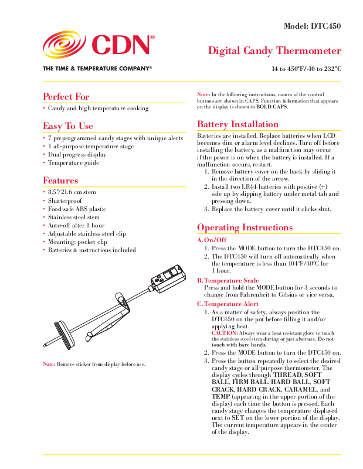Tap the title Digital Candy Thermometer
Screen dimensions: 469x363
pos(274,51)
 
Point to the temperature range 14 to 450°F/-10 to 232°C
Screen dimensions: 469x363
pos(306,69)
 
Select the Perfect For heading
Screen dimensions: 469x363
pos(66,97)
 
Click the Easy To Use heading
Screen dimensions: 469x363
pos(68,126)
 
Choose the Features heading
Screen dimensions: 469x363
pos(60,181)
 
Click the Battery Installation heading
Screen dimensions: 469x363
pos(238,124)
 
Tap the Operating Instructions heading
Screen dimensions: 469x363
pos(245,227)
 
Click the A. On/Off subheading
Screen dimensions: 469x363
pos(212,240)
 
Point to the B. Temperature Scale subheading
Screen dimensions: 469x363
pos(228,281)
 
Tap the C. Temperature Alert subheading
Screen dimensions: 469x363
pos(228,304)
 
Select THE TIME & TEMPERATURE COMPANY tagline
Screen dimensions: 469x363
pos(97,69)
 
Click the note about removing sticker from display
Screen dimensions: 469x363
pos(94,364)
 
